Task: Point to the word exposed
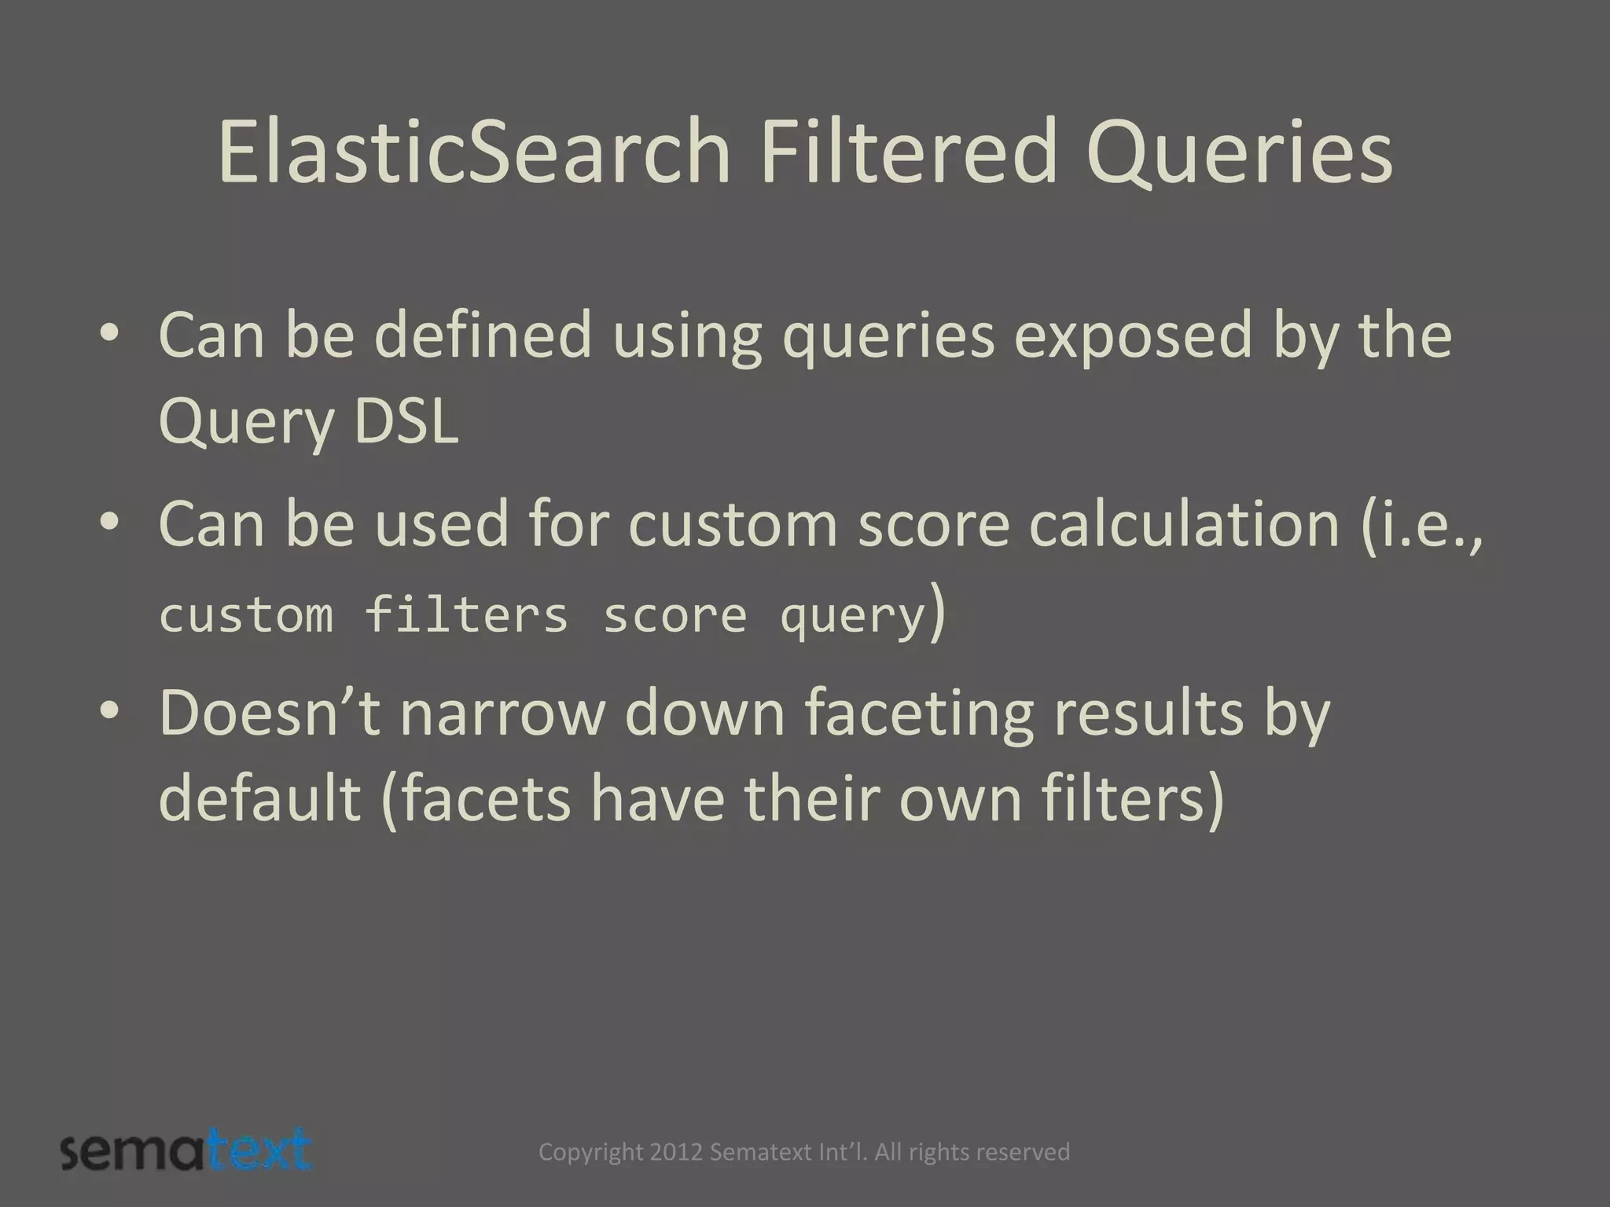point(1132,336)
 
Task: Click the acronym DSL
point(406,422)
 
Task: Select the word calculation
point(1184,525)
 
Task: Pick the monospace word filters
point(466,615)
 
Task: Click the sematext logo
point(187,1151)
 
